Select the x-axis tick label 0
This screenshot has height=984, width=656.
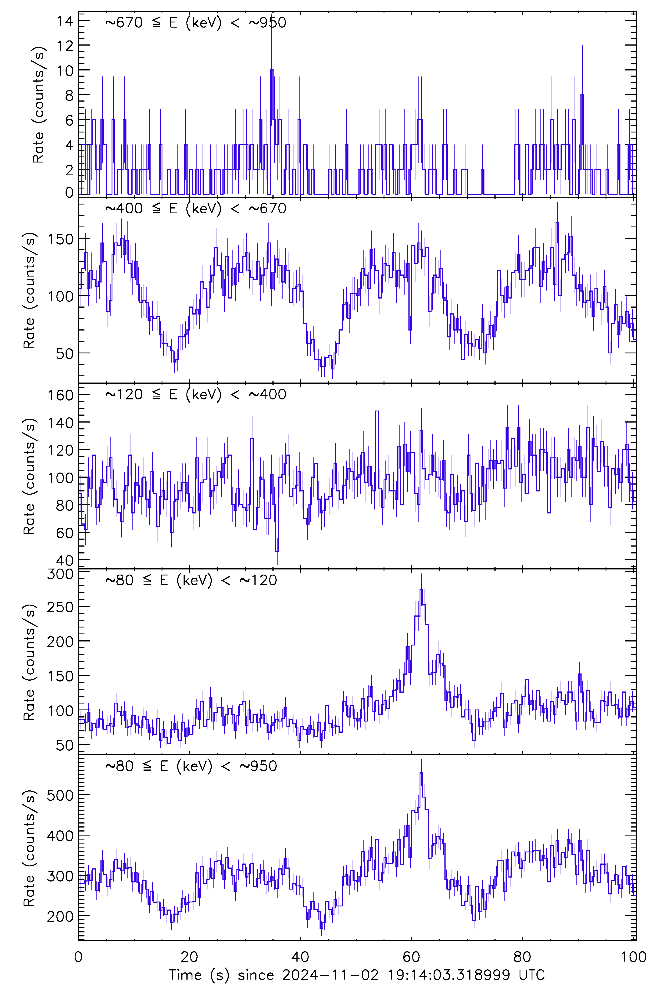coord(79,956)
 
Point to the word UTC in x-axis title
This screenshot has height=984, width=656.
coord(531,975)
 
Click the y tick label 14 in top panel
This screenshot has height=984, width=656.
coord(65,21)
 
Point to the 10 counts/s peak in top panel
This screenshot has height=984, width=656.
coord(272,70)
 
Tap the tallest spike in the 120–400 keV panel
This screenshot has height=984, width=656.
coord(377,411)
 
